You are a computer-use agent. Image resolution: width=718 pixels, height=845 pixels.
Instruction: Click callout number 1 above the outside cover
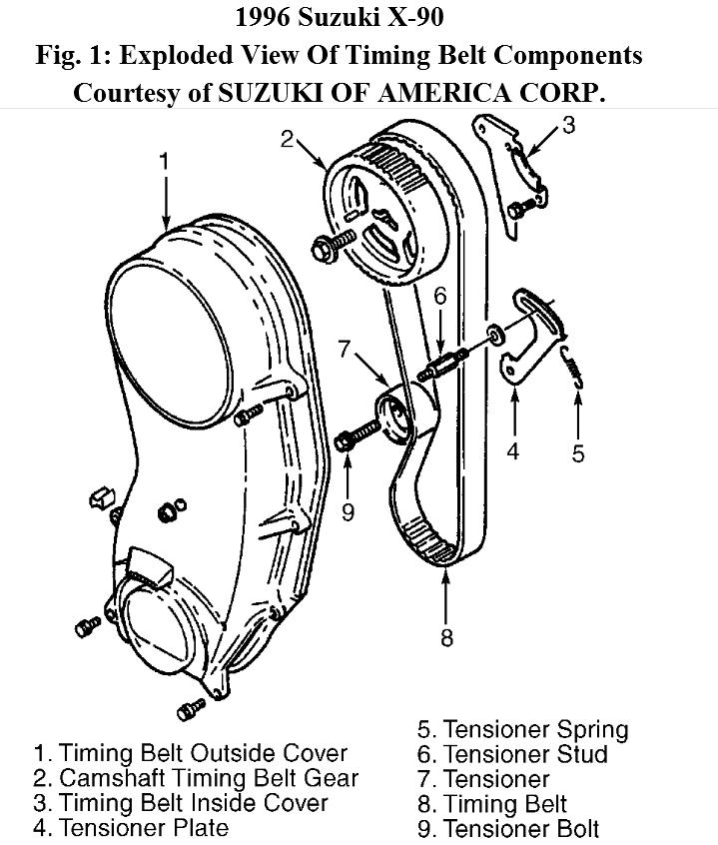pyautogui.click(x=164, y=160)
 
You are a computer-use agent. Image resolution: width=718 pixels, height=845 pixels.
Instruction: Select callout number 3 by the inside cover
pyautogui.click(x=568, y=127)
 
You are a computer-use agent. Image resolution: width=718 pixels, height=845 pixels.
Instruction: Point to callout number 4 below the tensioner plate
pyautogui.click(x=512, y=451)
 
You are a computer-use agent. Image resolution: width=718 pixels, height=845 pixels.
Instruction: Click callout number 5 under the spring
pyautogui.click(x=578, y=452)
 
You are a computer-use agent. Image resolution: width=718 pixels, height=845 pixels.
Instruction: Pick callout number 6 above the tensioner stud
pyautogui.click(x=440, y=297)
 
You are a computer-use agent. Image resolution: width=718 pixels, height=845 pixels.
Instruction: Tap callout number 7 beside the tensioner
pyautogui.click(x=346, y=350)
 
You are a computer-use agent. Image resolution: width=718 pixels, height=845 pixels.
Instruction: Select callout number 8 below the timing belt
pyautogui.click(x=446, y=637)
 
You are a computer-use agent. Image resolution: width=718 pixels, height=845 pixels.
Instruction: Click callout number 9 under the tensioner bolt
pyautogui.click(x=348, y=512)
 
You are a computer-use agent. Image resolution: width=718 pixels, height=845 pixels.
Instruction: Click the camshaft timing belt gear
pyautogui.click(x=380, y=215)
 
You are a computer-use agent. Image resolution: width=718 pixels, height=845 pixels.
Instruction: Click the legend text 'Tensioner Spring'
pyautogui.click(x=535, y=729)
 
